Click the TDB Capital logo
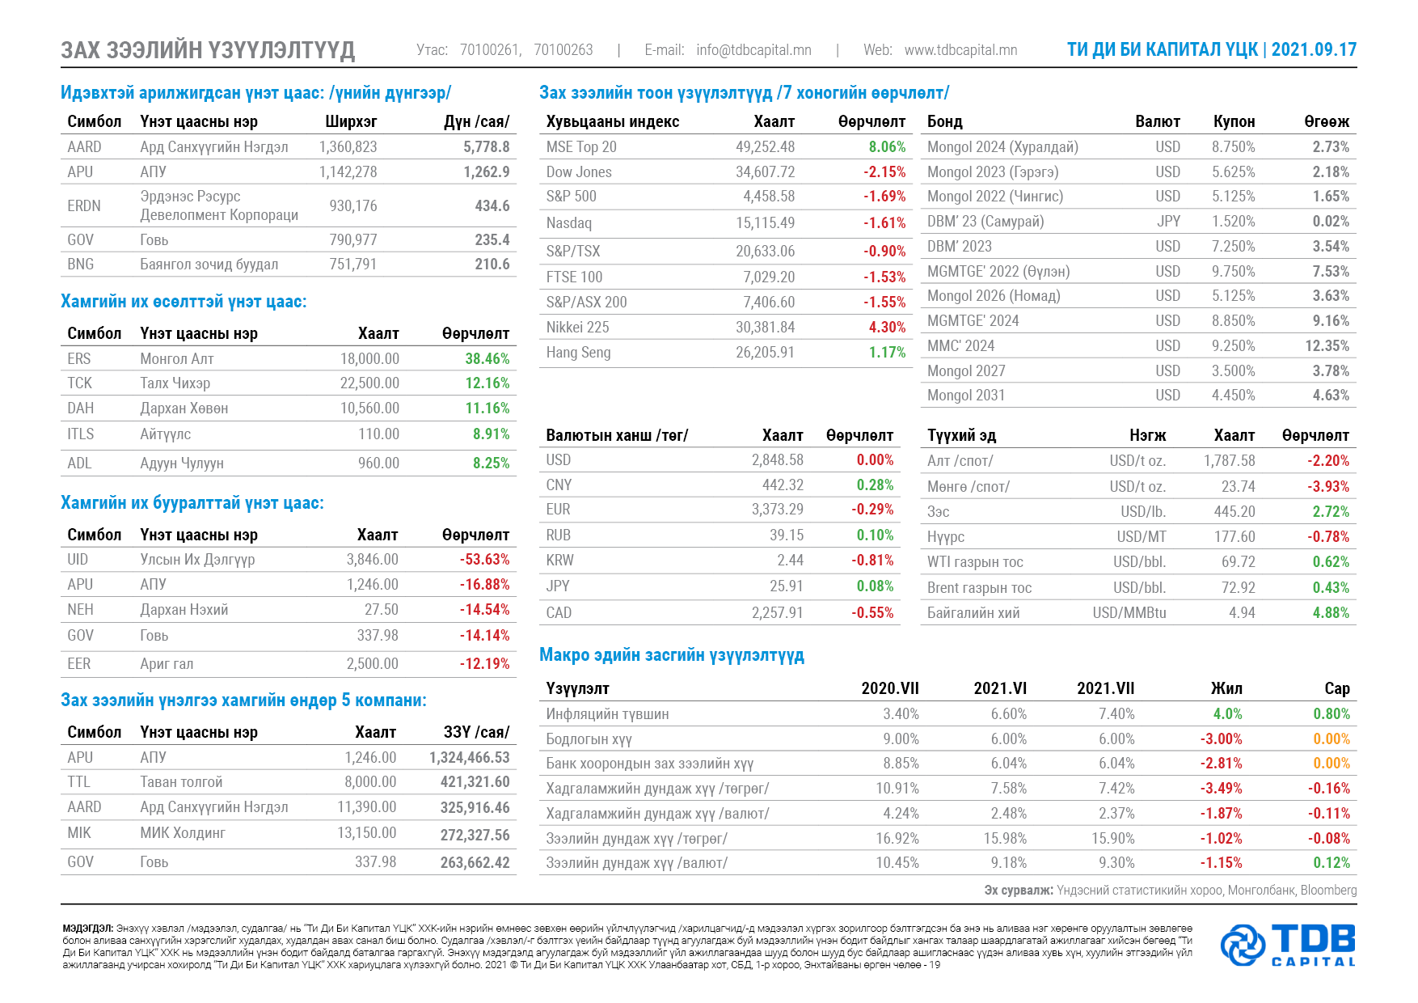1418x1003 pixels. coord(1288,945)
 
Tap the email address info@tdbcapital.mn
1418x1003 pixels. coord(753,50)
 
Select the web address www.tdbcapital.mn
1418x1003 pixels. coord(960,50)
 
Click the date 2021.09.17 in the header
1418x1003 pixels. coord(1314,49)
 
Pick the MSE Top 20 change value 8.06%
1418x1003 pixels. coord(887,147)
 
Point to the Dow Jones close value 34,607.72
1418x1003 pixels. coord(765,172)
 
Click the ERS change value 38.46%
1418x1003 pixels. coord(487,358)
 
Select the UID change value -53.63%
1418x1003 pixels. coord(485,560)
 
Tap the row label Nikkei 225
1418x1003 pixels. coord(577,328)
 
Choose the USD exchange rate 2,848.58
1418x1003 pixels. coord(778,460)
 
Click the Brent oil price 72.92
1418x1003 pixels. coord(1239,588)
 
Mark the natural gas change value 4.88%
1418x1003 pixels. coord(1331,613)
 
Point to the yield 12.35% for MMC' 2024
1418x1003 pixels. coord(1327,346)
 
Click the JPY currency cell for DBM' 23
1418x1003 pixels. coord(1169,222)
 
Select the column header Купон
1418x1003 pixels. coord(1234,122)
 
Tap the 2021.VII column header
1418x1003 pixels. coord(1106,688)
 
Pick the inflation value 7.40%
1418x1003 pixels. coord(1116,714)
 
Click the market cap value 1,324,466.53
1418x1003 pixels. coord(470,758)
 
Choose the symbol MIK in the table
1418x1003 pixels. coord(79,833)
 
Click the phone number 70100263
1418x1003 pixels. coord(563,50)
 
